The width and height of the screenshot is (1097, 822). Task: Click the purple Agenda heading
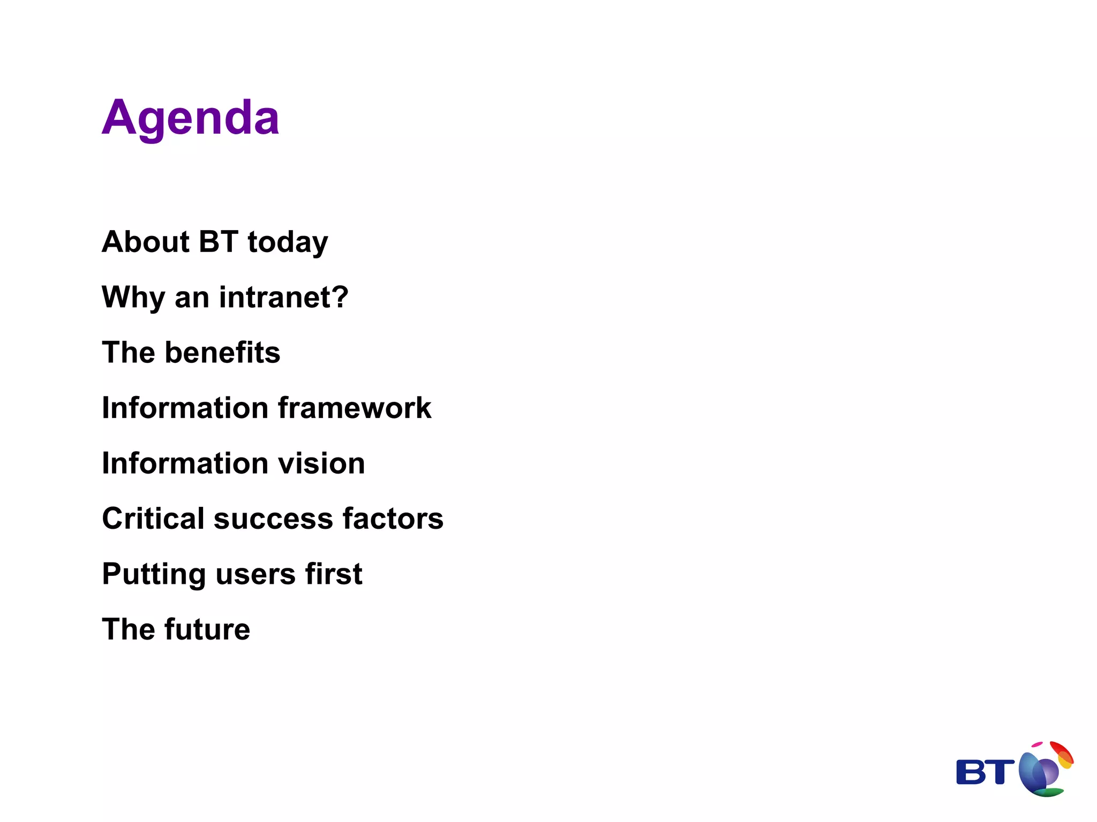(190, 118)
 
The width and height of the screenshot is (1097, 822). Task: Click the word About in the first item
(145, 242)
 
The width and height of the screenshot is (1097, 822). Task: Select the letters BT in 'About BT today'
(218, 242)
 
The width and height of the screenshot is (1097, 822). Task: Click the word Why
(133, 298)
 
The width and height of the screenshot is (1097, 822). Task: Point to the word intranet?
(283, 298)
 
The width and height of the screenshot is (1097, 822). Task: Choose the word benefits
(222, 353)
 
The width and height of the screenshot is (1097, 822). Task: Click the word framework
(355, 408)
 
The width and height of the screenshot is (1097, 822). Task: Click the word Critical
(153, 519)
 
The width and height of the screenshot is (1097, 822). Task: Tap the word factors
(393, 519)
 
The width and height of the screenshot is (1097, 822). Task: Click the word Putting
(154, 575)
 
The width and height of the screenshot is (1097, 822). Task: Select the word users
(255, 575)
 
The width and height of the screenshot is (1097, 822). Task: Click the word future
(207, 629)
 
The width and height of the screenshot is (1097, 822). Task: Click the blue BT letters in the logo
(985, 772)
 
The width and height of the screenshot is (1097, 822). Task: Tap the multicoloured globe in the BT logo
(1045, 771)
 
